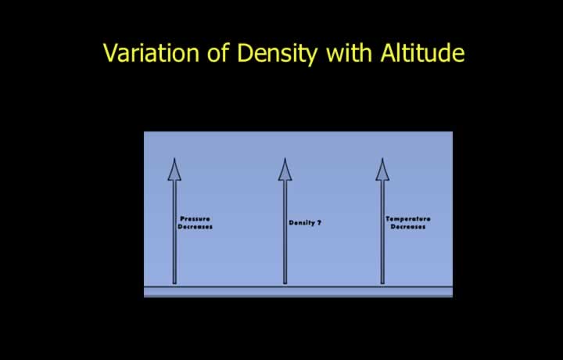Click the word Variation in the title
pyautogui.click(x=151, y=52)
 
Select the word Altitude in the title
pyautogui.click(x=422, y=52)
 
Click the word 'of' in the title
pyautogui.click(x=218, y=52)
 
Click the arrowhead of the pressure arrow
pyautogui.click(x=174, y=170)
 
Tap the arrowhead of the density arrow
pyautogui.click(x=285, y=170)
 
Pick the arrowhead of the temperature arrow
pyautogui.click(x=382, y=170)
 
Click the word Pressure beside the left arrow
pyautogui.click(x=195, y=219)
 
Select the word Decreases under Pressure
pyautogui.click(x=195, y=227)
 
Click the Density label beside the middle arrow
pyautogui.click(x=302, y=223)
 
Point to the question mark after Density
pyautogui.click(x=319, y=223)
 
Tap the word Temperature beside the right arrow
pyautogui.click(x=408, y=219)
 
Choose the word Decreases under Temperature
pyautogui.click(x=408, y=227)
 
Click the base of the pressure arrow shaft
pyautogui.click(x=174, y=283)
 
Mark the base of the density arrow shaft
pyautogui.click(x=285, y=283)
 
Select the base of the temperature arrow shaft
pyautogui.click(x=382, y=283)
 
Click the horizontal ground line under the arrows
pyautogui.click(x=298, y=286)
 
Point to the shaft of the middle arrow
pyautogui.click(x=285, y=232)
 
